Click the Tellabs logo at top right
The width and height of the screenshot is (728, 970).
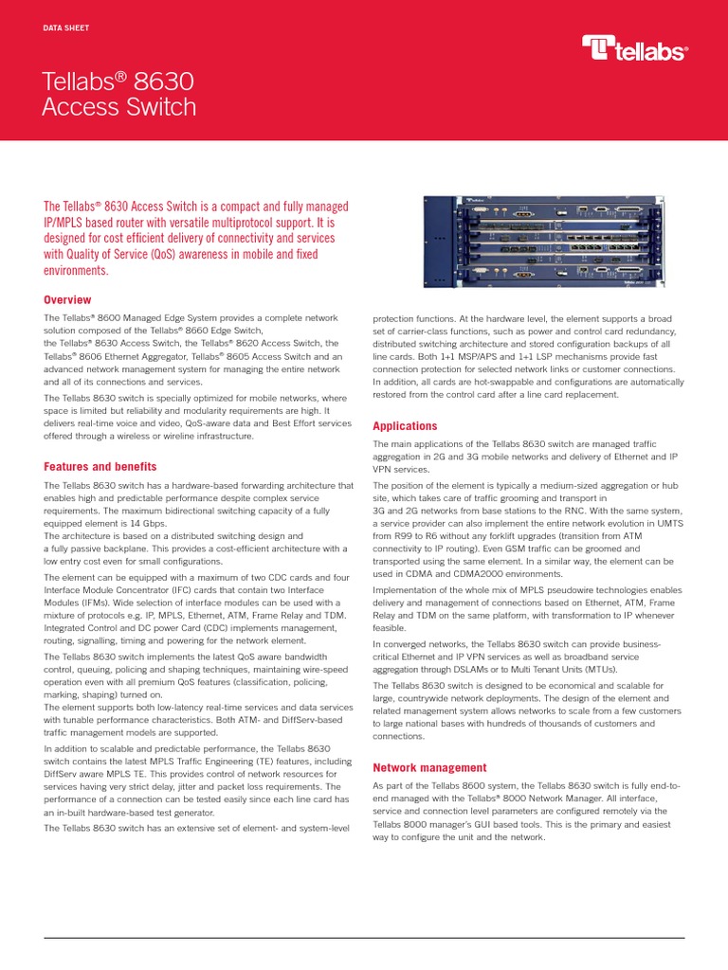pos(634,48)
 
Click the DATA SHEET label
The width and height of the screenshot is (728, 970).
pos(66,28)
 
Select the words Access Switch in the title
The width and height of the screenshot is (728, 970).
pos(119,108)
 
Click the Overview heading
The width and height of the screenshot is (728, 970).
pos(68,299)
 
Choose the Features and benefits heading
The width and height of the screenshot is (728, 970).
pos(100,467)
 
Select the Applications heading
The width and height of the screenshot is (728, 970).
pos(405,426)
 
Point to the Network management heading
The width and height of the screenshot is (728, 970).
pos(429,767)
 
